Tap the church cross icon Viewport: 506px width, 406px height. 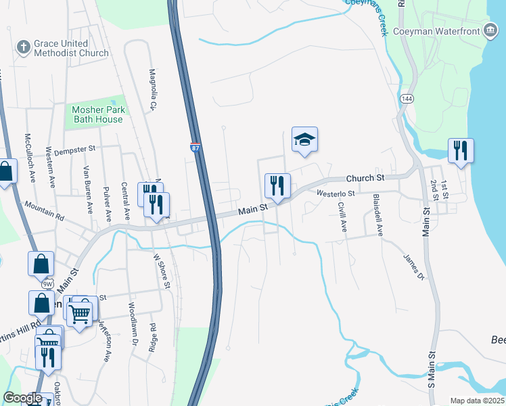(x=23, y=47)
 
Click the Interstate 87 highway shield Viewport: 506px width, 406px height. (x=195, y=148)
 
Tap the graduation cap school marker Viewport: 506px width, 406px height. (x=304, y=140)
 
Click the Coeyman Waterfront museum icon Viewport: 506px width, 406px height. (x=489, y=30)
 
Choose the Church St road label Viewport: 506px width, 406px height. (x=365, y=178)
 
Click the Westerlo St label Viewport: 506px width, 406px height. (x=336, y=194)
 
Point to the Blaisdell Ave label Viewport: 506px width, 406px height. (x=379, y=215)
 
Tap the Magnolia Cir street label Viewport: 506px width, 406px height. (x=153, y=89)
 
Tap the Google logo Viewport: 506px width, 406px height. (x=22, y=398)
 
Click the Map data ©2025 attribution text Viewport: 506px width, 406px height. (x=476, y=401)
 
